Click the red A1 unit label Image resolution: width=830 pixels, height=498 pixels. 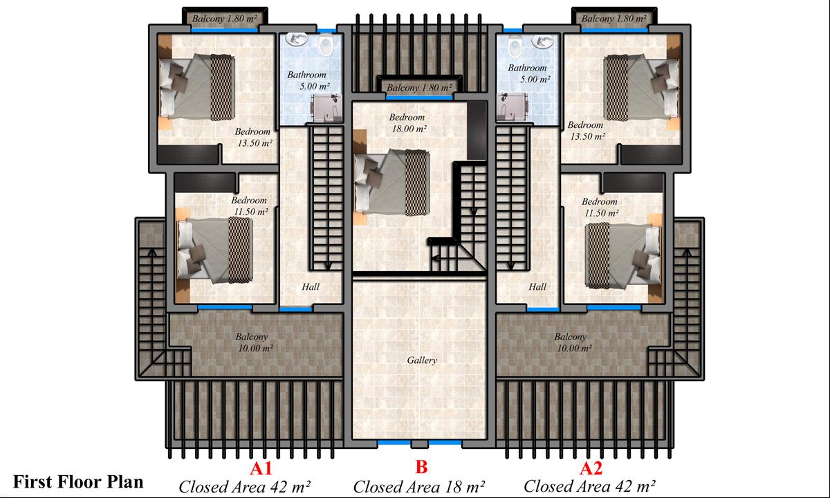point(261,468)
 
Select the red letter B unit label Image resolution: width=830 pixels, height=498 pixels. point(422,467)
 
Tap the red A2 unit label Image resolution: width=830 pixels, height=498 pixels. point(591,468)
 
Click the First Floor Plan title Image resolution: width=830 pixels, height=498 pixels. point(78,482)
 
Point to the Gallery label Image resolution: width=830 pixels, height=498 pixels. point(422,360)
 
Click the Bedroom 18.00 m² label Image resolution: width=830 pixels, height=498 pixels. point(408,123)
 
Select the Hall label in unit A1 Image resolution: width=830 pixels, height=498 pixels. point(311,286)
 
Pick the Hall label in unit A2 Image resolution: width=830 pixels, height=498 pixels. point(537,286)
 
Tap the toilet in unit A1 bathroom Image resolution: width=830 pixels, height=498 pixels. point(326,44)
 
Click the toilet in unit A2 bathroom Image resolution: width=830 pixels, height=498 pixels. point(515,46)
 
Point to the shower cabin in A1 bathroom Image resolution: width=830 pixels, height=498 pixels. point(326,108)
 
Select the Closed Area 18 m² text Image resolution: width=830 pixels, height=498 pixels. point(419,487)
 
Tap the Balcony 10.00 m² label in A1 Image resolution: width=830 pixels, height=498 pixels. point(255,342)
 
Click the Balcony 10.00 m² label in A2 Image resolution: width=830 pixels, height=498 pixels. point(573,342)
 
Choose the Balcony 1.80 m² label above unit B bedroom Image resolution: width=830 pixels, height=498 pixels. point(419,88)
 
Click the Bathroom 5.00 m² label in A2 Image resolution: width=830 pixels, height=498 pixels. point(528,73)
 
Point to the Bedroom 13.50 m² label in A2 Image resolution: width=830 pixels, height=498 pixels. point(587,131)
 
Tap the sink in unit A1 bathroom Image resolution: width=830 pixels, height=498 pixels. point(297,39)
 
